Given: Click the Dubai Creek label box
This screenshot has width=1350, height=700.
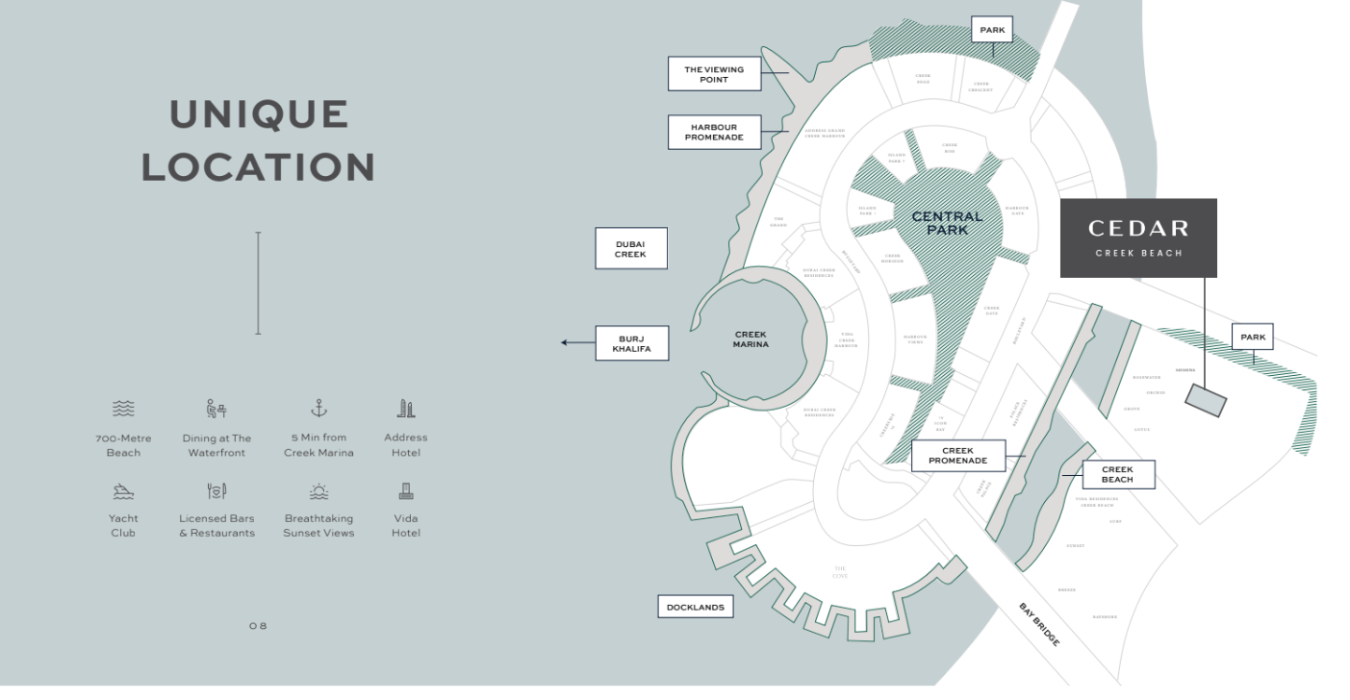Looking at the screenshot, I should (630, 249).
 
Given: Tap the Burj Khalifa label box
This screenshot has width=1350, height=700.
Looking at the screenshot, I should (630, 343).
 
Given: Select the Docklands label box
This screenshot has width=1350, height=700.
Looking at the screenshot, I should (696, 607).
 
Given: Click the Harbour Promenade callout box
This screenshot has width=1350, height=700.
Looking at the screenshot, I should (714, 132).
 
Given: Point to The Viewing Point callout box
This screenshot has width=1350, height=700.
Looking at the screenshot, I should (714, 74).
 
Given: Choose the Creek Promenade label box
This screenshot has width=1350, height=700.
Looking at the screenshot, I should (957, 456).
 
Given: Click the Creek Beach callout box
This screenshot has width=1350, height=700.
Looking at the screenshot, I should (1117, 474).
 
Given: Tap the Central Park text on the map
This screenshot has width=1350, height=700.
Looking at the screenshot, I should (947, 223).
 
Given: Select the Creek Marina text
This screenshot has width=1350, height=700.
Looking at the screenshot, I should (751, 339).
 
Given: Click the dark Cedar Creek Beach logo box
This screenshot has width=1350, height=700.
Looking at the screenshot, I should (1138, 237).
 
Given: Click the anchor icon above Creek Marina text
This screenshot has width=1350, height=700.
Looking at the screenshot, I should (318, 409).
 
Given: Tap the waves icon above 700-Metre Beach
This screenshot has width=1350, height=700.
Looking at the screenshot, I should (123, 409).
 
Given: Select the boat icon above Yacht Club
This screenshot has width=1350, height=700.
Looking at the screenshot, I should (123, 491).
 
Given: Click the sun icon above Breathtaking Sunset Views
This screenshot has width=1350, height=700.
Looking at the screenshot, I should (318, 491).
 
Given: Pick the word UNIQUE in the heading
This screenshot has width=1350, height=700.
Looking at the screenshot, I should (259, 114).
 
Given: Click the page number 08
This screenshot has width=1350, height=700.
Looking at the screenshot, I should (258, 626).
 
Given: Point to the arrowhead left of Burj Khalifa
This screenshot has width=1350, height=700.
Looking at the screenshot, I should (566, 342).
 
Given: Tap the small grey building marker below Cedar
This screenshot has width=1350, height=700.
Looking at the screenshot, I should (1206, 399).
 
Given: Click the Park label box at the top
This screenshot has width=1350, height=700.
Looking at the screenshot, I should (992, 31).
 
